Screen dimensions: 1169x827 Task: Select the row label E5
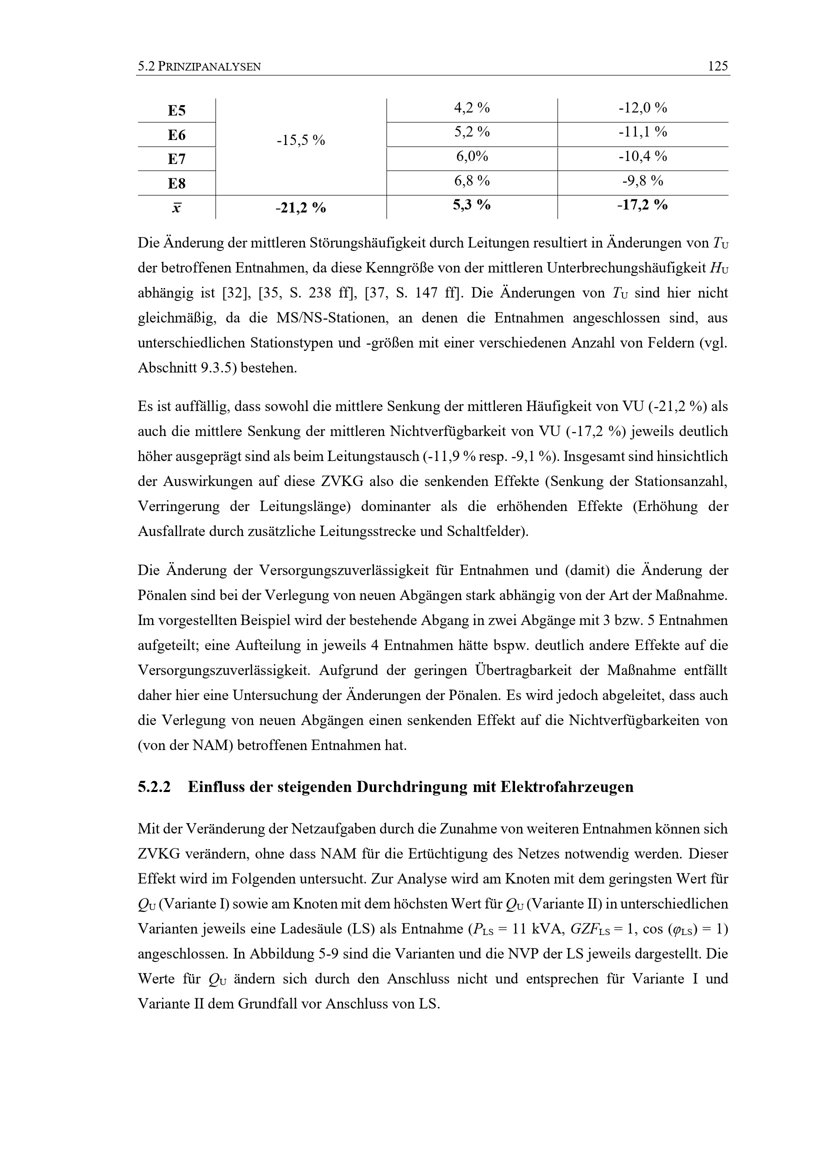[x=176, y=110]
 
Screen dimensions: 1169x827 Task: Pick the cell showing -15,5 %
[x=300, y=140]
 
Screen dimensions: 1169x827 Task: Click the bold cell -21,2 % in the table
[x=300, y=207]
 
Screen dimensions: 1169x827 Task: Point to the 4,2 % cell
[x=471, y=108]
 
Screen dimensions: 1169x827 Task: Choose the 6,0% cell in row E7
[x=471, y=156]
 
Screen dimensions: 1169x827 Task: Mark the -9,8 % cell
[x=642, y=180]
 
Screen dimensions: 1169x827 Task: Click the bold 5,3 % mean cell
[x=471, y=205]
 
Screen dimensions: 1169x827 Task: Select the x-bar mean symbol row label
[x=176, y=207]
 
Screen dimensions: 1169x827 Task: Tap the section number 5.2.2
[x=154, y=787]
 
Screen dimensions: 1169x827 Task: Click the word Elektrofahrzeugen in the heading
[x=567, y=787]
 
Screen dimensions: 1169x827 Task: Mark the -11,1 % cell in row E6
[x=642, y=132]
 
